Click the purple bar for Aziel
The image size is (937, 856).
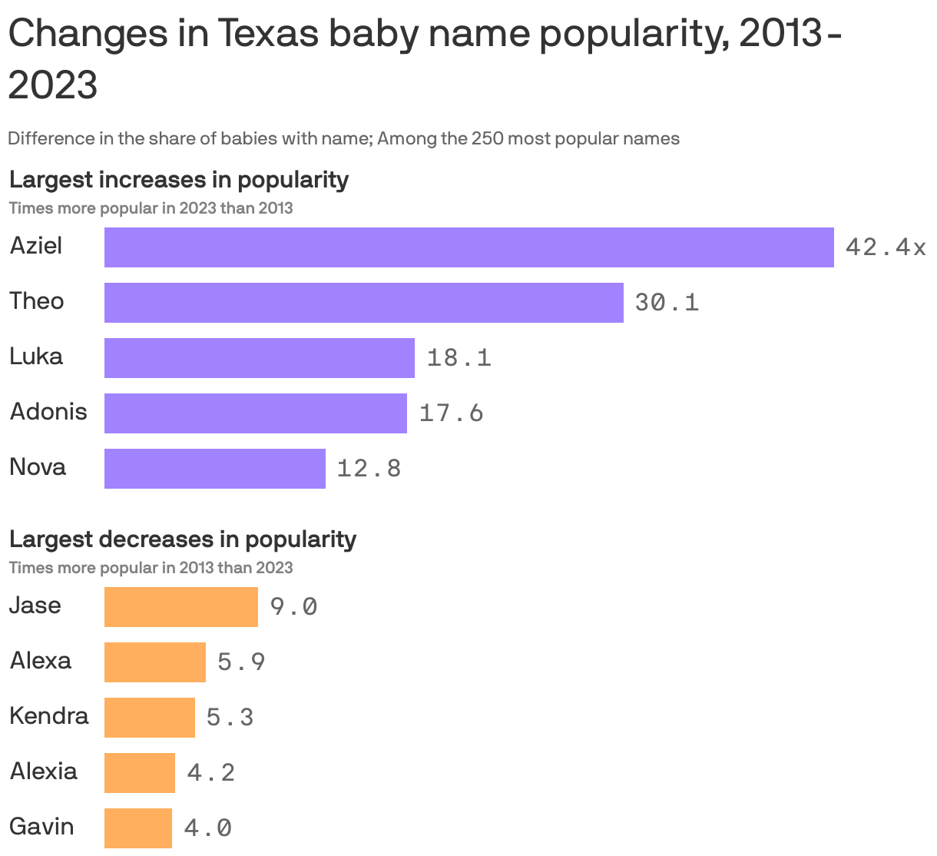(468, 247)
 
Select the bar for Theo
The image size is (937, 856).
(363, 303)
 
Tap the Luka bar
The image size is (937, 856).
(259, 358)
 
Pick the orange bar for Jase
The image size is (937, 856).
(180, 607)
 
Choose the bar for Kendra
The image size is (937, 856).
(149, 718)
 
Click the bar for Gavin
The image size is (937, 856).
(137, 828)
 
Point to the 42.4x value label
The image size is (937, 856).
(885, 247)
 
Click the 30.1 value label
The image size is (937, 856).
(667, 303)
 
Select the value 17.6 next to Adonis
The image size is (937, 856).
(451, 413)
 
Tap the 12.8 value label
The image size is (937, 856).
(369, 469)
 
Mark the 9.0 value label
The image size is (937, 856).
(293, 607)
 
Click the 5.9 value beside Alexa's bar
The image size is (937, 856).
(241, 662)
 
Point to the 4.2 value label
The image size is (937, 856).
(210, 773)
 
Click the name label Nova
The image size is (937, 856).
(38, 467)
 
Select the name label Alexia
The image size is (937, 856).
(43, 771)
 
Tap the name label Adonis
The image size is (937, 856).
(48, 412)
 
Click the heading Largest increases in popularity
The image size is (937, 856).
(178, 180)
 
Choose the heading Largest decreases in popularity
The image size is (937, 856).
(182, 539)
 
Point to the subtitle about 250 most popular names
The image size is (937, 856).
(343, 139)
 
